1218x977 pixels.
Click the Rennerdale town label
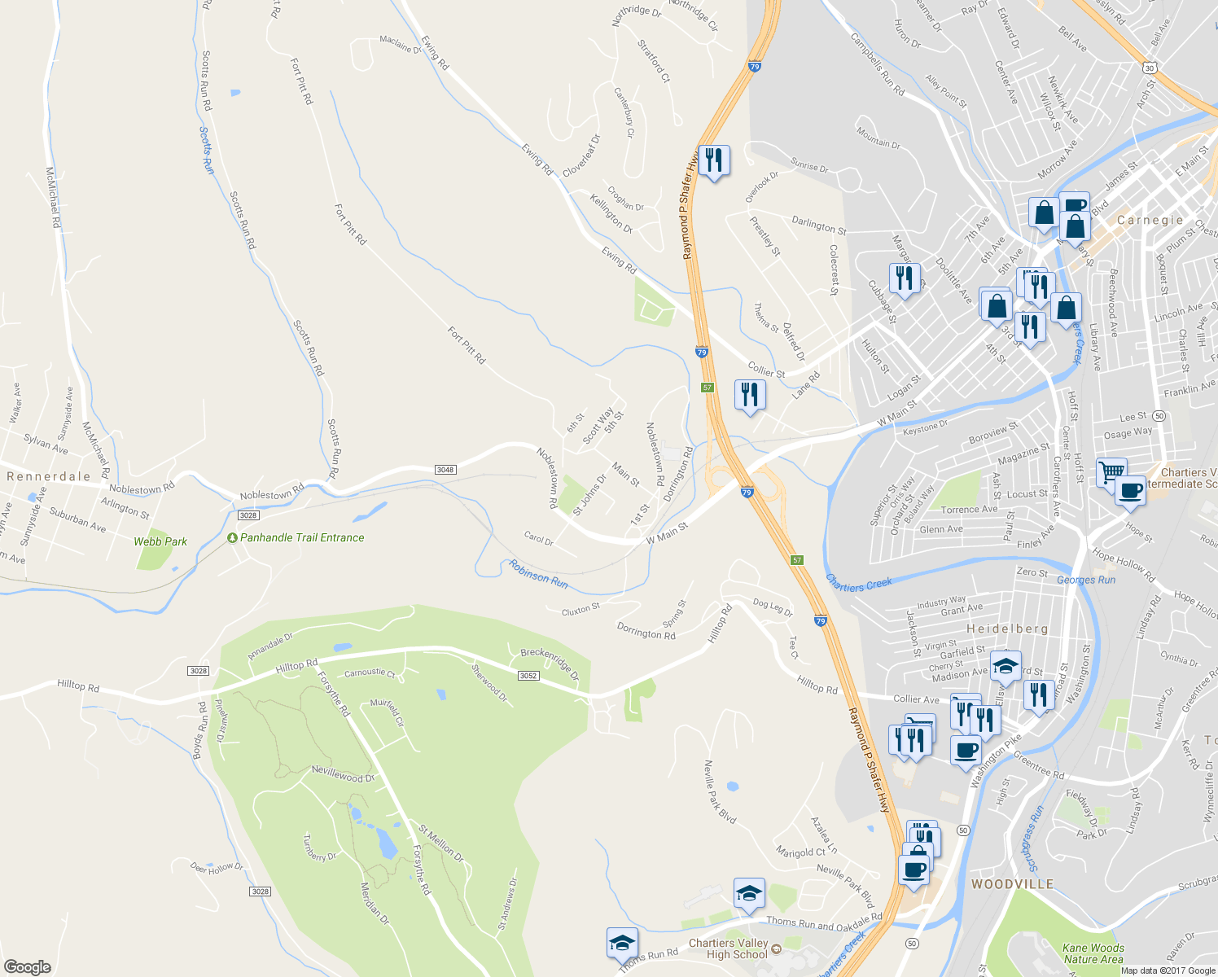pyautogui.click(x=49, y=476)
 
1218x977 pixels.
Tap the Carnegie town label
pyautogui.click(x=1150, y=220)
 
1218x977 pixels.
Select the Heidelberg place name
pyautogui.click(x=1007, y=629)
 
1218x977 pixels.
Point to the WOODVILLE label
pyautogui.click(x=1012, y=884)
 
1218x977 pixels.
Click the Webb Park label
pyautogui.click(x=160, y=541)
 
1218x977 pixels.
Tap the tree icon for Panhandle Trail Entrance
pyautogui.click(x=232, y=538)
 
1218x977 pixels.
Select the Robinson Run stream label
pyautogui.click(x=538, y=574)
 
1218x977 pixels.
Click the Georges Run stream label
pyautogui.click(x=1086, y=580)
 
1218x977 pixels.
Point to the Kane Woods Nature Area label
pyautogui.click(x=1093, y=953)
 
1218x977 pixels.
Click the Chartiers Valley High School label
pyautogui.click(x=728, y=949)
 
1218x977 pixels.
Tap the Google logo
pyautogui.click(x=27, y=966)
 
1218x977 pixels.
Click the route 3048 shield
pyautogui.click(x=445, y=470)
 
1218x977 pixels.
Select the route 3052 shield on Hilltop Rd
pyautogui.click(x=528, y=676)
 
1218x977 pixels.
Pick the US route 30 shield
pyautogui.click(x=1149, y=68)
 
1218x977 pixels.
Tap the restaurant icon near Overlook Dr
pyautogui.click(x=713, y=160)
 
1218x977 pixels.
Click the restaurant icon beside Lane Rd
pyautogui.click(x=749, y=394)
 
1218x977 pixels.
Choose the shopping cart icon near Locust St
pyautogui.click(x=1111, y=471)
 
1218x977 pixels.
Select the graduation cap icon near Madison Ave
pyautogui.click(x=1006, y=665)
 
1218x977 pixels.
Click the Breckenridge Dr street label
pyautogui.click(x=550, y=664)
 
